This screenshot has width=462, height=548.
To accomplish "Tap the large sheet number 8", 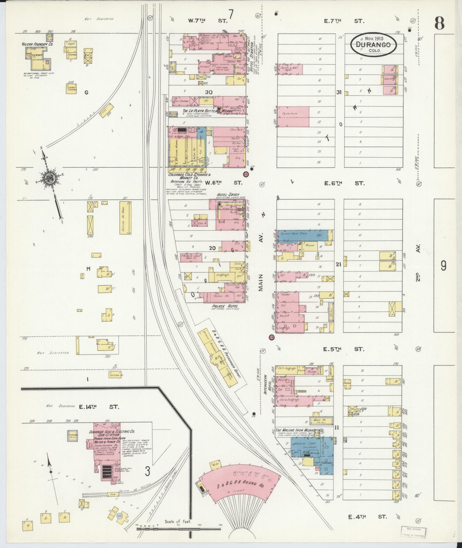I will click(x=439, y=23).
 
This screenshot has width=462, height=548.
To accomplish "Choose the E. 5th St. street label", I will click(x=344, y=349).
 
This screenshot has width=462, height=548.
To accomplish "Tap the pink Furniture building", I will click(x=293, y=117).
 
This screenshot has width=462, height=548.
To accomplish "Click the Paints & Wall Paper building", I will click(x=289, y=69).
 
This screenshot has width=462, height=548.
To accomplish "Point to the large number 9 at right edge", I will click(x=443, y=267).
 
